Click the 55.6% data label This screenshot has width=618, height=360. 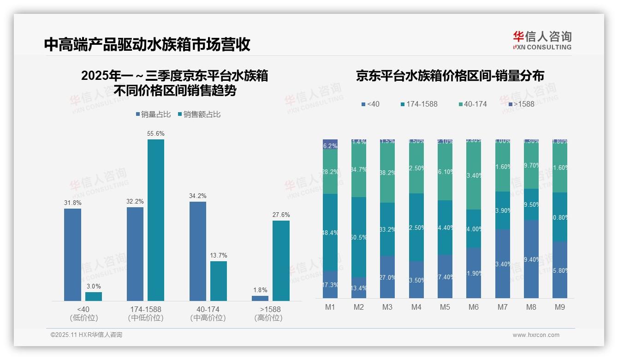click(156, 133)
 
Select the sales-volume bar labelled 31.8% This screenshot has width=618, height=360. click(72, 255)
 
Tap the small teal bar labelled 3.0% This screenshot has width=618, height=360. click(94, 296)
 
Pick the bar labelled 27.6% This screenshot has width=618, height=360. click(281, 261)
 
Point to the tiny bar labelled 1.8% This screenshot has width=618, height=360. click(260, 298)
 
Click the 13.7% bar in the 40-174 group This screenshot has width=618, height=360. click(219, 281)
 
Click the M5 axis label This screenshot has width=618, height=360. click(445, 307)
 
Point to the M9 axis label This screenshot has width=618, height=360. click(559, 307)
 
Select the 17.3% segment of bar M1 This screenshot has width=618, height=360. click(330, 284)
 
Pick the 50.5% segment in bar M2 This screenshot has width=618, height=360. click(359, 237)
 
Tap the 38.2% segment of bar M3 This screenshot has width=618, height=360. click(387, 173)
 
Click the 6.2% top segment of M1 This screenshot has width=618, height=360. click(330, 144)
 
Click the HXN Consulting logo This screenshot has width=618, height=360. click(542, 40)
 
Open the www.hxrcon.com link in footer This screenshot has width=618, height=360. click(536, 335)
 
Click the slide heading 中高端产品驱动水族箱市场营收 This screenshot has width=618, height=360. click(147, 44)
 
